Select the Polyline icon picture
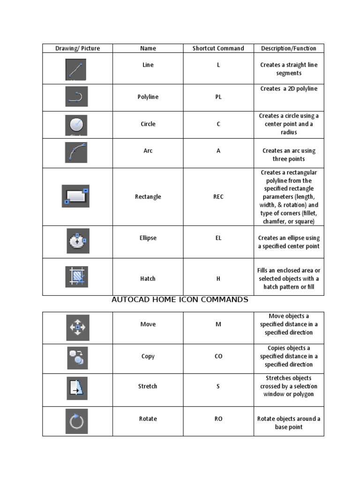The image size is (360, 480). [x=76, y=97]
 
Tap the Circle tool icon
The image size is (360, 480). [x=76, y=125]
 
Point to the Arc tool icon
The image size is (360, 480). [x=76, y=152]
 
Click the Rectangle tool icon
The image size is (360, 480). [x=76, y=196]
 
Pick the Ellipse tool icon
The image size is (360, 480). [x=77, y=241]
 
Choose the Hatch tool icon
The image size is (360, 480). [x=76, y=277]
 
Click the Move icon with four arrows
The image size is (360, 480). [x=77, y=327]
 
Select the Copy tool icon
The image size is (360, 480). [x=77, y=358]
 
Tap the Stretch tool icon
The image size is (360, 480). [x=77, y=388]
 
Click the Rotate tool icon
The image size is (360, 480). [x=77, y=421]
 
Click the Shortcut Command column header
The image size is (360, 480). [x=218, y=48]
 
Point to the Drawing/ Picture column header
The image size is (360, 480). [x=77, y=48]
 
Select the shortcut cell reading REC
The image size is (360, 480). [x=218, y=197]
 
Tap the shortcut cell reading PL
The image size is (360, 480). [x=218, y=97]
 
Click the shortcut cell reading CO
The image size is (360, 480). [x=218, y=356]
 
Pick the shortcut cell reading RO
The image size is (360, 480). [x=218, y=419]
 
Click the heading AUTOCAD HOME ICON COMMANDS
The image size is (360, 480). [x=180, y=300]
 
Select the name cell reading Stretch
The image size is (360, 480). [x=148, y=386]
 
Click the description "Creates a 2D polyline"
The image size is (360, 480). [x=289, y=89]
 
